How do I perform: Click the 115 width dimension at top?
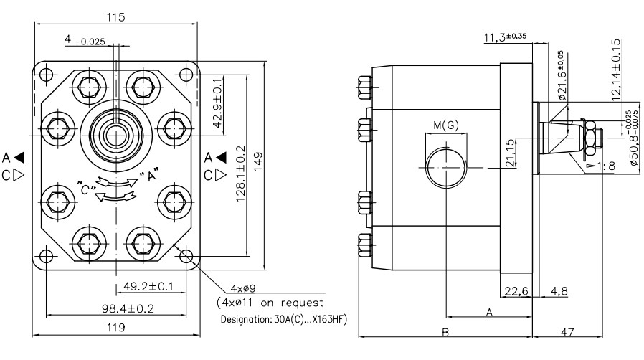coord(115,17)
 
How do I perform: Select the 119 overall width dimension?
coord(116,328)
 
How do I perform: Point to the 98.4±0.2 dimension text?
coord(128,308)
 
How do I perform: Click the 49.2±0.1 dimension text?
coord(148,286)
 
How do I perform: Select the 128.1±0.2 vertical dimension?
coord(241,174)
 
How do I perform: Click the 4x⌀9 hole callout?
coord(242,288)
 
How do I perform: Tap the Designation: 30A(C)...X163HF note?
coord(284,319)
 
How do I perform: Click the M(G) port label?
coord(446,125)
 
